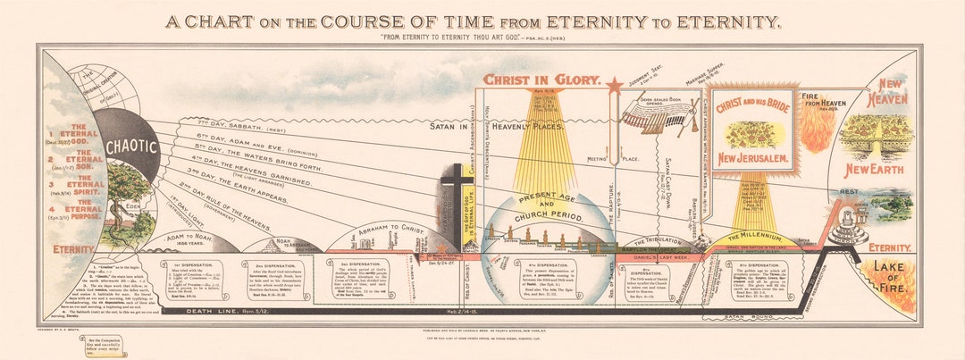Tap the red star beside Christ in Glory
point(614,87)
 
